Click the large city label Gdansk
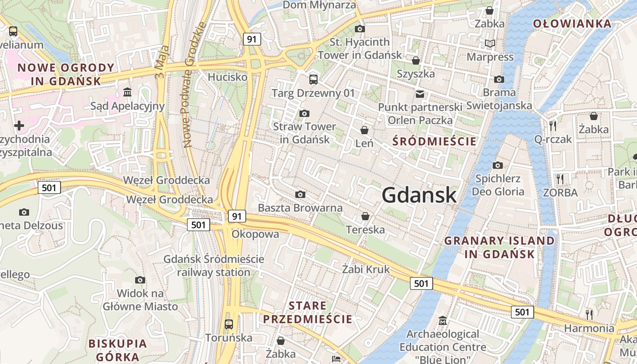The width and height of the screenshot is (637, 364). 419,195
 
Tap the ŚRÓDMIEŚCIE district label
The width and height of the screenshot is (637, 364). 435,142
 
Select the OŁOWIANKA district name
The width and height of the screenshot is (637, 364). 572,24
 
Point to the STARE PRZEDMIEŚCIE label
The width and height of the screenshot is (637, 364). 308,312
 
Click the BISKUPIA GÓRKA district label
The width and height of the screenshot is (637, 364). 118,350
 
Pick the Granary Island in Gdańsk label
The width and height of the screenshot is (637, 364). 500,247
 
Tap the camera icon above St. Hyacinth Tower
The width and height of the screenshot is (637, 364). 360,29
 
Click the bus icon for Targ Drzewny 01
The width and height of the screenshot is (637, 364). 313,80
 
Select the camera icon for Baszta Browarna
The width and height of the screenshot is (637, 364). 300,195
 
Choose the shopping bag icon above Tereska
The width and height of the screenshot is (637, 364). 365,216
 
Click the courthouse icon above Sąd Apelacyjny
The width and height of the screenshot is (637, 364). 127,93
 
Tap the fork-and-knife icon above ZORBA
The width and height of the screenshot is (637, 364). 560,179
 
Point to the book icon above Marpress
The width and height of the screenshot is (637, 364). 490,44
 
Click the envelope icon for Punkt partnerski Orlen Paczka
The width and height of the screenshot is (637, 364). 420,94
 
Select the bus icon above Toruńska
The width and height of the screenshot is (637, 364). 229,324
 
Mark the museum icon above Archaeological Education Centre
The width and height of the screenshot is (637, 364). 442,321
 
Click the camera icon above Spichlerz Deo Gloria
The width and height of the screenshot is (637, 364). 498,165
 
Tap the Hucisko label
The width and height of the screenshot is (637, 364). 227,77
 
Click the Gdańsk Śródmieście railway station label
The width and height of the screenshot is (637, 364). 214,266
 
